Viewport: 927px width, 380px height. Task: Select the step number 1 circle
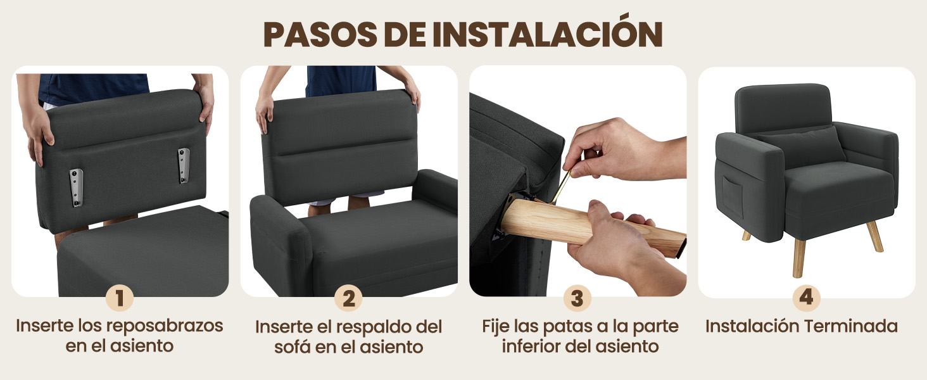coord(120,298)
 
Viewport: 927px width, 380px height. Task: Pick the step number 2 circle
coord(349,298)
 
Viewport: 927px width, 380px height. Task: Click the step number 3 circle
coord(577,298)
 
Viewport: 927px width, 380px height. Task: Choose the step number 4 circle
coord(806,298)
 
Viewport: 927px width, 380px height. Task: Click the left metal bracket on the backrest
coord(77,187)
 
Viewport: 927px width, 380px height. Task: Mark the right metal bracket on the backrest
coord(184,166)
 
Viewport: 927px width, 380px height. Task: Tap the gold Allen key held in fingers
coord(562,184)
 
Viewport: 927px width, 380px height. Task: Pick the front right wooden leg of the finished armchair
coord(875,236)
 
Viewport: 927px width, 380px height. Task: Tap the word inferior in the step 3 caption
coord(536,346)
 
